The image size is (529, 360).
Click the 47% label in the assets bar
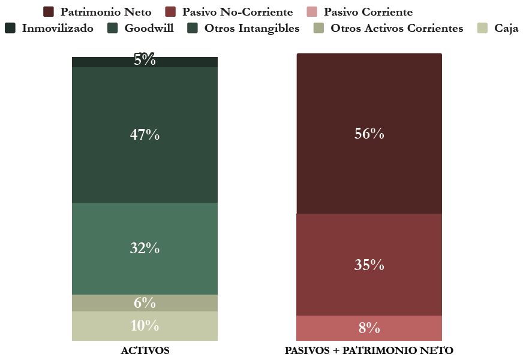pos(145,135)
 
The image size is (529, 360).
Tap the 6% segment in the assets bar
pos(145,303)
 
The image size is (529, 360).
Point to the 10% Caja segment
pos(145,326)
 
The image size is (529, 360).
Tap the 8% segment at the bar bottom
pos(369,328)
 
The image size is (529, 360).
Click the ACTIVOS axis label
pos(145,350)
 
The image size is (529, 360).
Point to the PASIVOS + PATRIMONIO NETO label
pos(369,350)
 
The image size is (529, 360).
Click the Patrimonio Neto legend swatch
pos(49,12)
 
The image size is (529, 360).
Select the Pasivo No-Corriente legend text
pos(238,12)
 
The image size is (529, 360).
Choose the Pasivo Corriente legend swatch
pos(312,12)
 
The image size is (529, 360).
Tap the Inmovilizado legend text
pos(58,28)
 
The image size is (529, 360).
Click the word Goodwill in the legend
pos(149,28)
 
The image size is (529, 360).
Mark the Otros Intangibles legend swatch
pos(193,28)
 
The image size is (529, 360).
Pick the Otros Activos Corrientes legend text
pos(397,28)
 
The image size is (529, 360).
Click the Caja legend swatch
pos(483,28)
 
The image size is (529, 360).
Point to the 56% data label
pos(369,134)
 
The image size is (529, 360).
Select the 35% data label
pos(369,265)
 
